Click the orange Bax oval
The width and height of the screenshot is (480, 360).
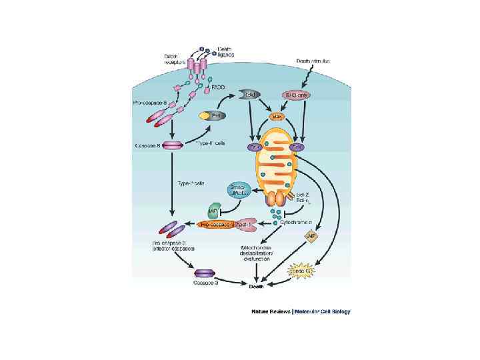click(277, 116)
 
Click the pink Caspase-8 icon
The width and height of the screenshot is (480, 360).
click(173, 145)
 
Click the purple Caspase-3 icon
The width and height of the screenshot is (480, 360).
click(203, 273)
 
